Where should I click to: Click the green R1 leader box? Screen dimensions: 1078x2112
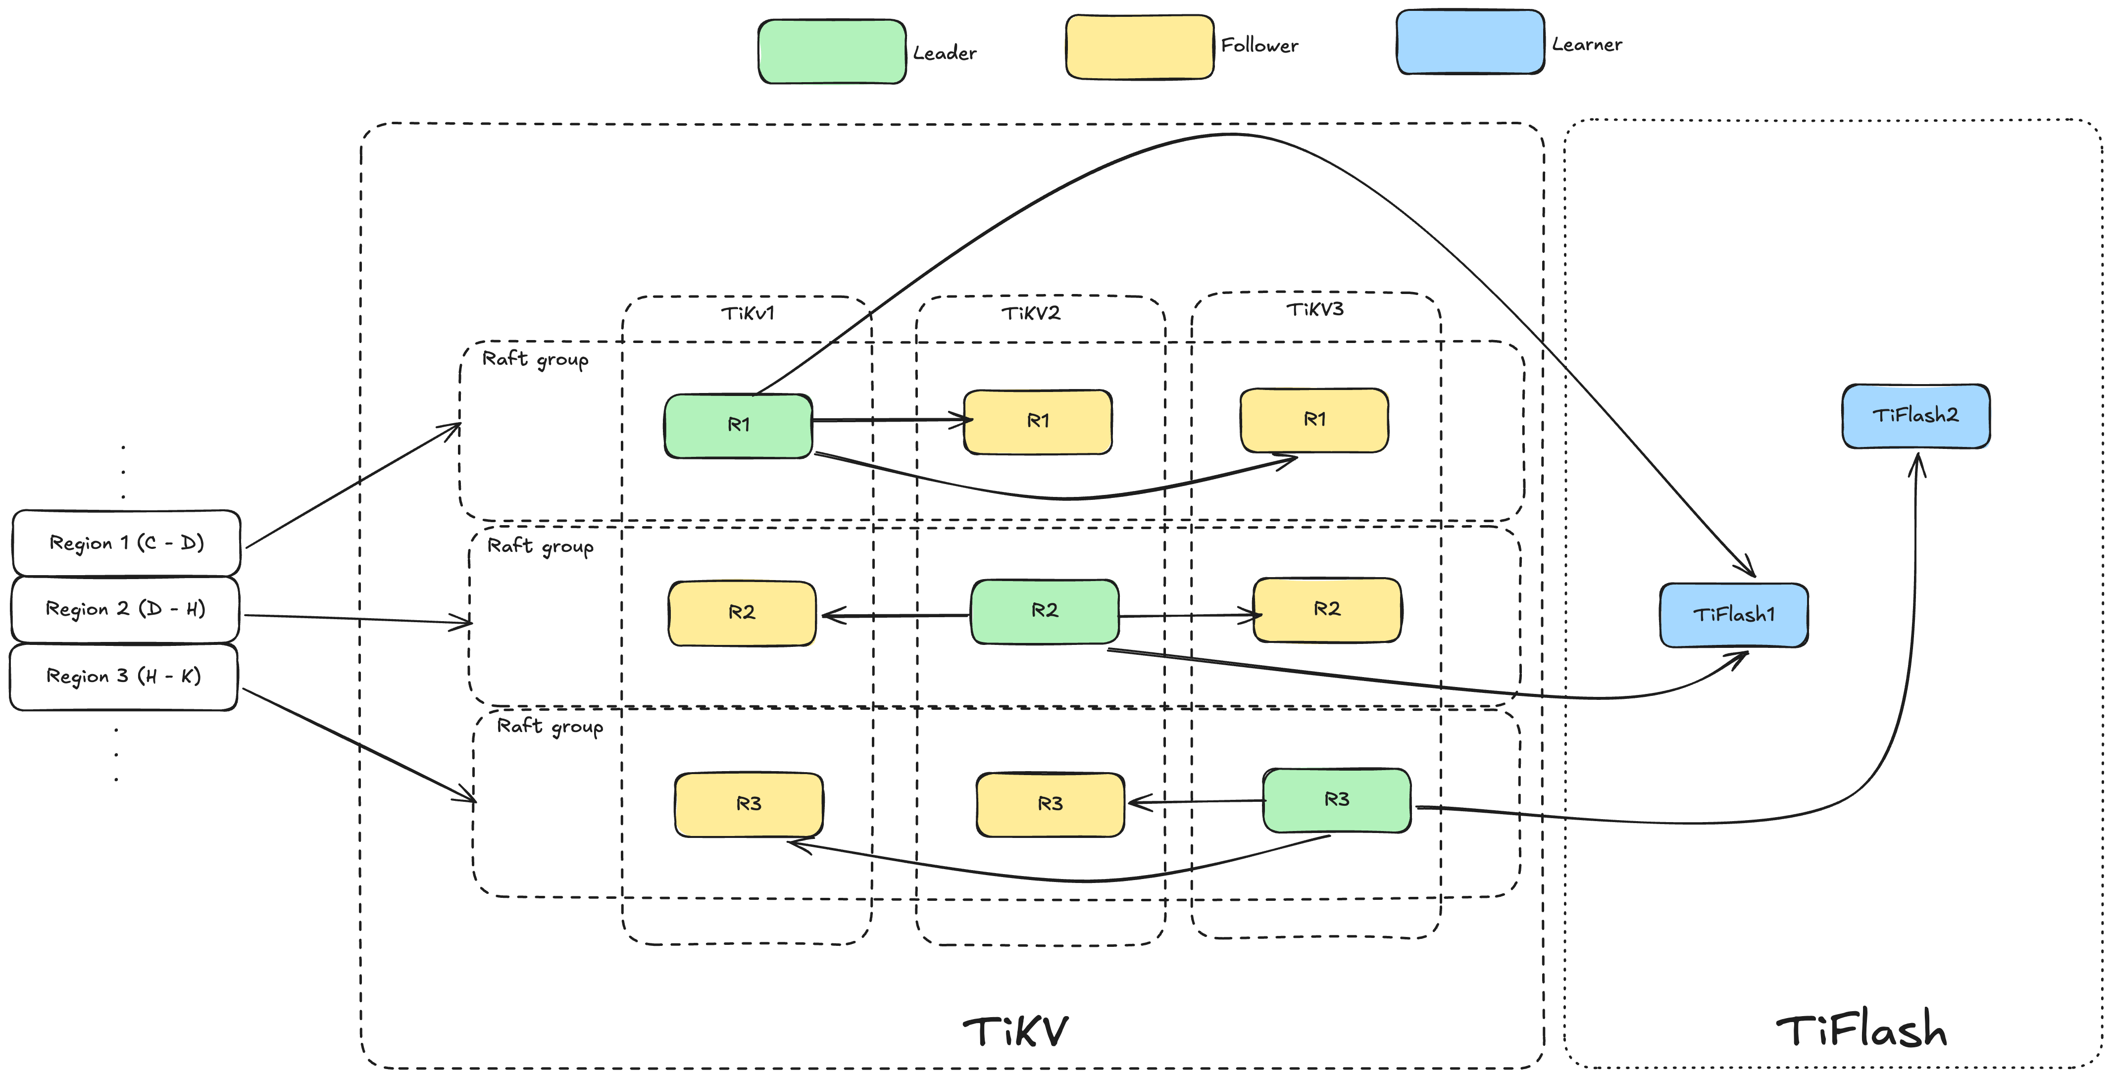click(x=738, y=426)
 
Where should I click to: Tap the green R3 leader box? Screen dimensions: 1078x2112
click(x=1336, y=800)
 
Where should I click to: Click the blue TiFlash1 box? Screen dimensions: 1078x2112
click(x=1733, y=615)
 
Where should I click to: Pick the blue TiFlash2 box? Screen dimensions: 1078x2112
click(x=1915, y=416)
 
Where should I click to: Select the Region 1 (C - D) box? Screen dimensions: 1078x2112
click(x=126, y=542)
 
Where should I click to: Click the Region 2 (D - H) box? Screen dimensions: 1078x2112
click(x=125, y=609)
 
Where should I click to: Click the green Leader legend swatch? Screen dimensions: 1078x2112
click(x=831, y=51)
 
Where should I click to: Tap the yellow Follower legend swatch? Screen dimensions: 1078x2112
click(x=1139, y=47)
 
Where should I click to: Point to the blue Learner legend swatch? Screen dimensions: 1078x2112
click(x=1470, y=42)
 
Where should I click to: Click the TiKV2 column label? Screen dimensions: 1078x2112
click(x=1031, y=313)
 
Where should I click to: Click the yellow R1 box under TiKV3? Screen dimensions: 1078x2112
click(x=1314, y=420)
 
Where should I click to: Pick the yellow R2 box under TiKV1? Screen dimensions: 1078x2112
click(x=742, y=613)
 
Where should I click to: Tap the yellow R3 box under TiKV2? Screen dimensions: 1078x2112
click(x=1050, y=804)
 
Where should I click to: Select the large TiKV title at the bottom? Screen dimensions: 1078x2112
click(x=1016, y=1031)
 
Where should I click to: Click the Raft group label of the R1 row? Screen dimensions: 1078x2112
click(x=535, y=359)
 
